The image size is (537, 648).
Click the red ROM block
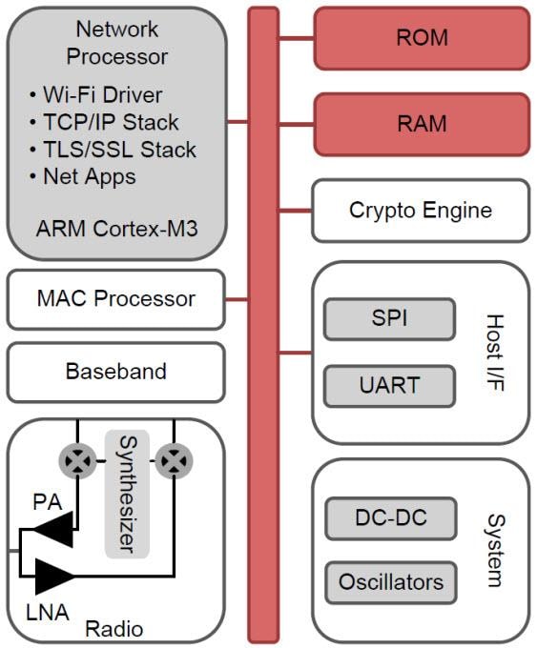[421, 39]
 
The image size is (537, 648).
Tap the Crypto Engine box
[421, 210]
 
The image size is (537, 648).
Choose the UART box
[389, 386]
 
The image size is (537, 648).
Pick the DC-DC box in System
[389, 518]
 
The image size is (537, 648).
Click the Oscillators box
[389, 581]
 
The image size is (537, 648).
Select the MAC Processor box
[115, 299]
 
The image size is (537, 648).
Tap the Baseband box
[115, 371]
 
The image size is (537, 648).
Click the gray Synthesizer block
[127, 495]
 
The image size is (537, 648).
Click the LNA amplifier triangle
[55, 576]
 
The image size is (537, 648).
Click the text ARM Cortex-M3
[115, 230]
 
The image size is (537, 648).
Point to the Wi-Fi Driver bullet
[101, 95]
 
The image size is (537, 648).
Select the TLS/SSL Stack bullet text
[118, 150]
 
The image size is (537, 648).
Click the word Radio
[114, 629]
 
